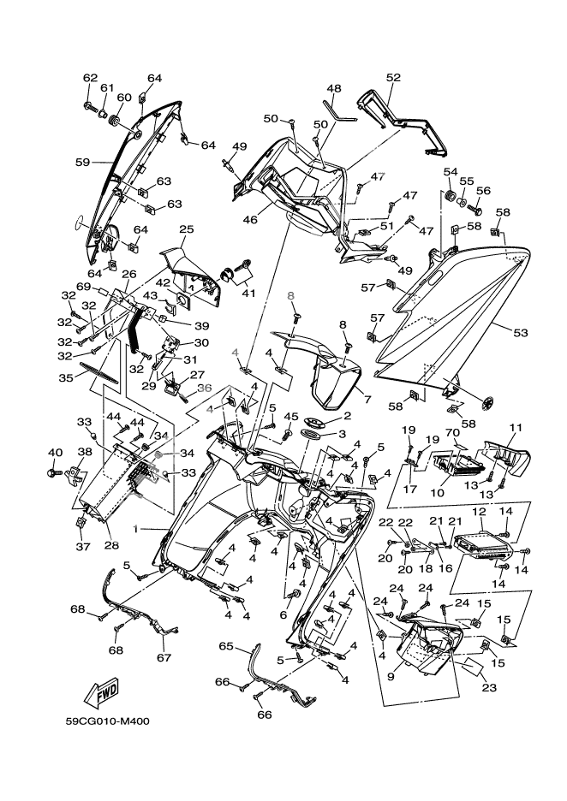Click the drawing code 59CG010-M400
point(108,721)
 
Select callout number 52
point(393,77)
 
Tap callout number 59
point(82,161)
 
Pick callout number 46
point(250,220)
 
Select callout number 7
point(367,399)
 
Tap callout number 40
point(55,452)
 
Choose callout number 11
point(516,427)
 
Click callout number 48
point(333,88)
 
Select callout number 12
point(479,511)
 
